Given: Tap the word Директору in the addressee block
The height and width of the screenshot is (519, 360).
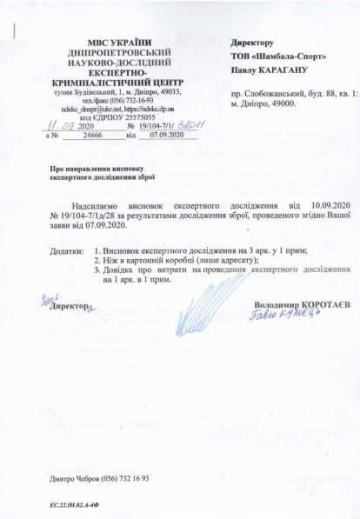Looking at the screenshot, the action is click(253, 42).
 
